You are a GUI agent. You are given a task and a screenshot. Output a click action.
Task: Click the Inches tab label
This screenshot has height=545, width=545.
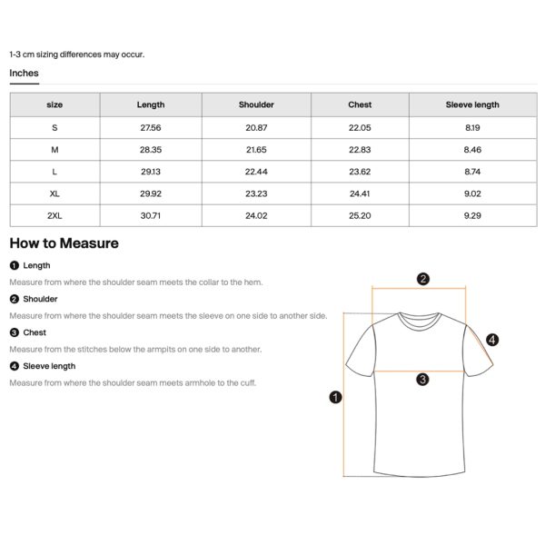tap(24, 73)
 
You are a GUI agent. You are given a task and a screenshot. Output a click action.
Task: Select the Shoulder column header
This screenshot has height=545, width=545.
tap(256, 104)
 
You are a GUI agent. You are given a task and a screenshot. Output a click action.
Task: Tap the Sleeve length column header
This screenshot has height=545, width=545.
tap(472, 104)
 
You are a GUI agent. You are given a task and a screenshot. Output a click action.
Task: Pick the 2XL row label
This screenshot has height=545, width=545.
tap(54, 215)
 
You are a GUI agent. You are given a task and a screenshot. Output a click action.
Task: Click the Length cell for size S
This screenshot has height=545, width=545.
tap(151, 127)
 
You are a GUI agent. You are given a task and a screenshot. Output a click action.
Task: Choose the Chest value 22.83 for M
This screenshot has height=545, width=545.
tap(360, 149)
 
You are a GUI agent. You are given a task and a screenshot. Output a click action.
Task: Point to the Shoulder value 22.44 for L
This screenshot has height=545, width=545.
tap(256, 171)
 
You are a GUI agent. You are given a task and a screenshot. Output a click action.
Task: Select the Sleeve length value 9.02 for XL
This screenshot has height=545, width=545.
tap(472, 193)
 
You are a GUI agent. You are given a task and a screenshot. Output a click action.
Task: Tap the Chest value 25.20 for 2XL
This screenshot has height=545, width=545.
tap(360, 215)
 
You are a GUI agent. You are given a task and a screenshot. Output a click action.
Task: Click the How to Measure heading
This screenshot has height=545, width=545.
tap(64, 243)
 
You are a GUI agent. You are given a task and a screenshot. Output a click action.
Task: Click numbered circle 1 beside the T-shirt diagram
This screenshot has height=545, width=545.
tap(335, 397)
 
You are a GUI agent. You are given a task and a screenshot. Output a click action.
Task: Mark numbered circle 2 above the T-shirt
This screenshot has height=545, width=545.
tap(423, 279)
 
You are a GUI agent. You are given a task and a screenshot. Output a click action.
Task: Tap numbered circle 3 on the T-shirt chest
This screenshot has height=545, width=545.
tap(422, 379)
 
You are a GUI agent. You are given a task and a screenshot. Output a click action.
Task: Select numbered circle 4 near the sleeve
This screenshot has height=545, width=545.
tap(492, 340)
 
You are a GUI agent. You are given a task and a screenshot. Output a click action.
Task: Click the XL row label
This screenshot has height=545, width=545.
tap(54, 193)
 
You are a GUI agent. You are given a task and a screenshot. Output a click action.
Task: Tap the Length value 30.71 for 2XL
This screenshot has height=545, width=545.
tap(151, 215)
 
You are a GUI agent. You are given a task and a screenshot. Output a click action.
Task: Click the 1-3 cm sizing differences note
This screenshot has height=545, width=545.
tap(76, 54)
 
